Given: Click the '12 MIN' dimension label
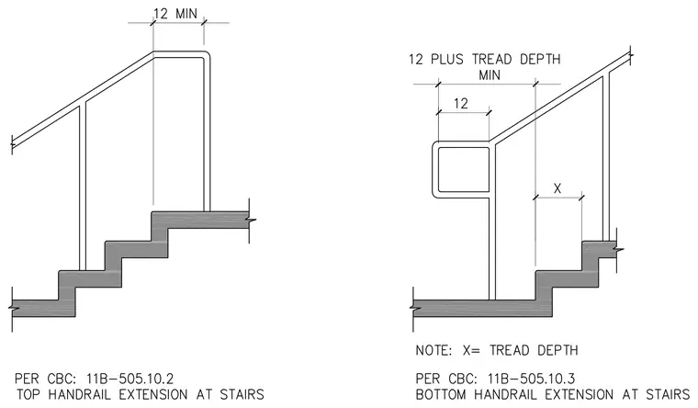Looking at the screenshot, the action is pyautogui.click(x=174, y=14).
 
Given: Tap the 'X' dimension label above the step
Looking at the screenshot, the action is pyautogui.click(x=557, y=188).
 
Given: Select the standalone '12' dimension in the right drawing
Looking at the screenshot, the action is pyautogui.click(x=461, y=103).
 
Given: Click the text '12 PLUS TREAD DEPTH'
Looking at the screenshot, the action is pyautogui.click(x=484, y=59).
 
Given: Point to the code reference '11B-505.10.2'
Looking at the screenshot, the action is pyautogui.click(x=129, y=379).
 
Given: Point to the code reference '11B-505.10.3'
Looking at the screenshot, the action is pyautogui.click(x=531, y=379).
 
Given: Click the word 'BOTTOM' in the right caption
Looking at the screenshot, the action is pyautogui.click(x=441, y=394).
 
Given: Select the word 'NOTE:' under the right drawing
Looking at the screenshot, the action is pyautogui.click(x=433, y=350).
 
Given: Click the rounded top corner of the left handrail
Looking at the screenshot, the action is pyautogui.click(x=206, y=55).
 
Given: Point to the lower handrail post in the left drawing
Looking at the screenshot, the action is pyautogui.click(x=83, y=187).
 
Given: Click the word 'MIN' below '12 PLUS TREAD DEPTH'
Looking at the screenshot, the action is pyautogui.click(x=490, y=74).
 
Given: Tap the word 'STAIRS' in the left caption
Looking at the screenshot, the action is pyautogui.click(x=242, y=394).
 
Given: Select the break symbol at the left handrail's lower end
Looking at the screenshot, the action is pyautogui.click(x=12, y=143).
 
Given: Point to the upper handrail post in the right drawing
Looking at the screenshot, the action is pyautogui.click(x=606, y=157).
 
